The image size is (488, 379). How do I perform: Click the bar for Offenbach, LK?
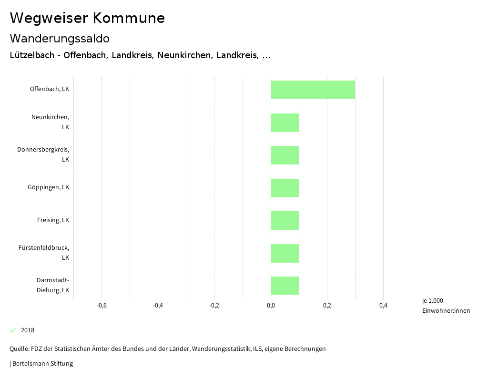(313, 90)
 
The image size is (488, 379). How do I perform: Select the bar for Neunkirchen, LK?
(285, 123)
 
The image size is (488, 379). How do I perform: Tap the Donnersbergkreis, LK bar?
(285, 155)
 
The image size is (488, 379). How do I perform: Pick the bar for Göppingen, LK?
(285, 188)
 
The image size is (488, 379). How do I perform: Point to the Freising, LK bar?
(285, 220)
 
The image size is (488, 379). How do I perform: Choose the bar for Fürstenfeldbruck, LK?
(285, 253)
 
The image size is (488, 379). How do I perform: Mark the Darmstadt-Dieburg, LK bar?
(285, 286)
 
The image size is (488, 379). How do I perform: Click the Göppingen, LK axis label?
(48, 187)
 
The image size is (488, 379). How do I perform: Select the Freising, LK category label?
(53, 220)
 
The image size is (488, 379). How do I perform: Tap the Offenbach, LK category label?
(49, 89)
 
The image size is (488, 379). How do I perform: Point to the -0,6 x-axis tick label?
(102, 306)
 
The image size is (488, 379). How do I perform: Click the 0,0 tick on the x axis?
(271, 306)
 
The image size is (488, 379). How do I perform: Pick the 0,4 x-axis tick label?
(383, 306)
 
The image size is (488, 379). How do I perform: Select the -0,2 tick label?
(214, 306)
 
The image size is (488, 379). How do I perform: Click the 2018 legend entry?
(27, 330)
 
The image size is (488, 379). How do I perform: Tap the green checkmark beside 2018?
(13, 330)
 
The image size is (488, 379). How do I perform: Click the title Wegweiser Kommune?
(87, 18)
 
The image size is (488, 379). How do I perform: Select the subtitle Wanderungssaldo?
(60, 38)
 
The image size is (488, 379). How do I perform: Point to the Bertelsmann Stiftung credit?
(42, 364)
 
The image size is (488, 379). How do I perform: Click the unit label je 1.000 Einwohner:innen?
(446, 306)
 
